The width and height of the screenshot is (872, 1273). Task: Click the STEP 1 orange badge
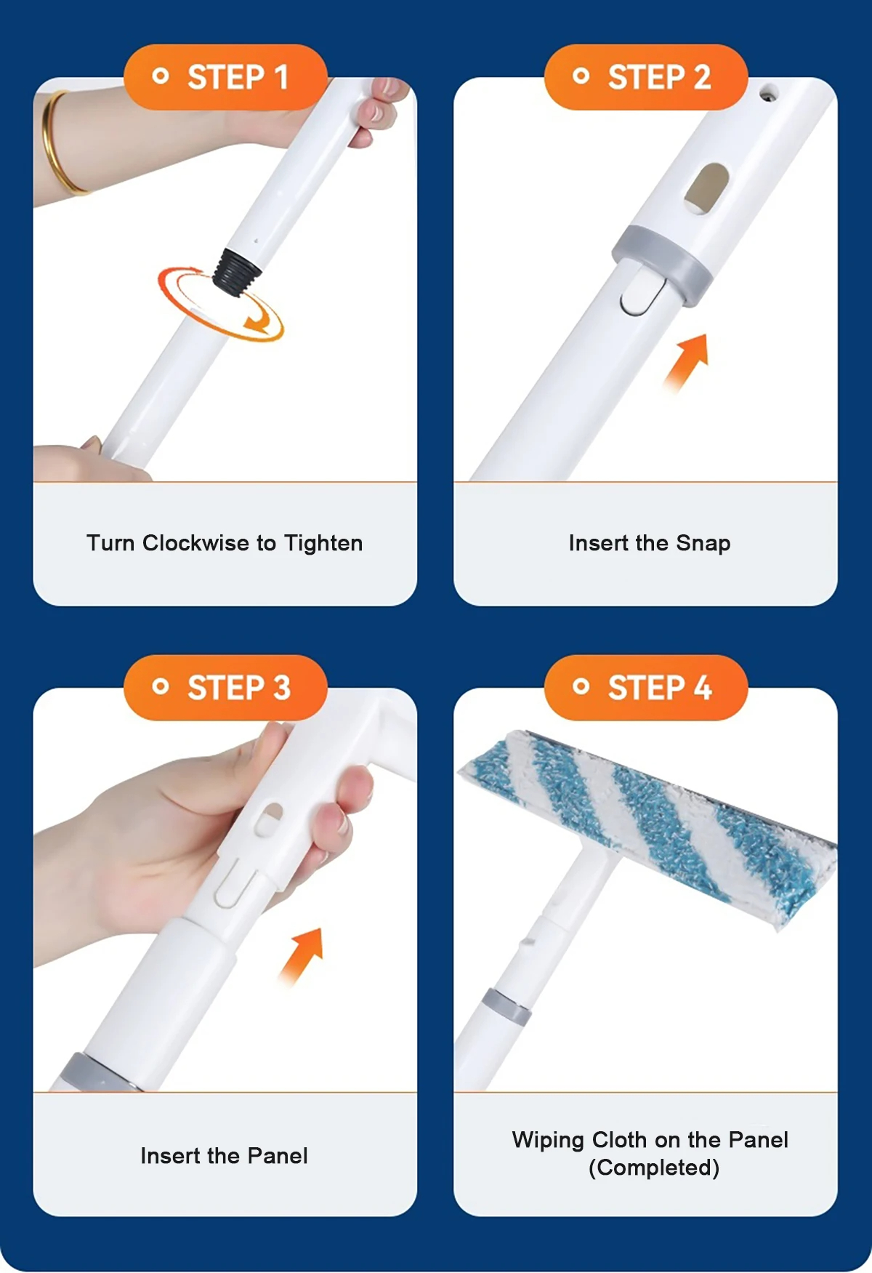(x=225, y=77)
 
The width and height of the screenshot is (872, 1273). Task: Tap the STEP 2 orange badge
(x=646, y=77)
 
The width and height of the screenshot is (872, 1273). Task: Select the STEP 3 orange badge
(x=225, y=688)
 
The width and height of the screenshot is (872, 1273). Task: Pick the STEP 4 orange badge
(x=646, y=688)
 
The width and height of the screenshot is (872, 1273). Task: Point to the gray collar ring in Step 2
(x=661, y=266)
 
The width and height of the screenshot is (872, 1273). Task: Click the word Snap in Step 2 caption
(x=703, y=544)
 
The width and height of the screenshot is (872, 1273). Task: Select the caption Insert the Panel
(x=224, y=1156)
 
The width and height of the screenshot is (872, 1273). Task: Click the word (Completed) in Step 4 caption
(x=654, y=1168)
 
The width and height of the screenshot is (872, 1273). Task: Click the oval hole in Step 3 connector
(x=268, y=819)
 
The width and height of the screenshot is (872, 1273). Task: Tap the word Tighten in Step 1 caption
(x=323, y=544)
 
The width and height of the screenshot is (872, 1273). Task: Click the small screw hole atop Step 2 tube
(x=767, y=93)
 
